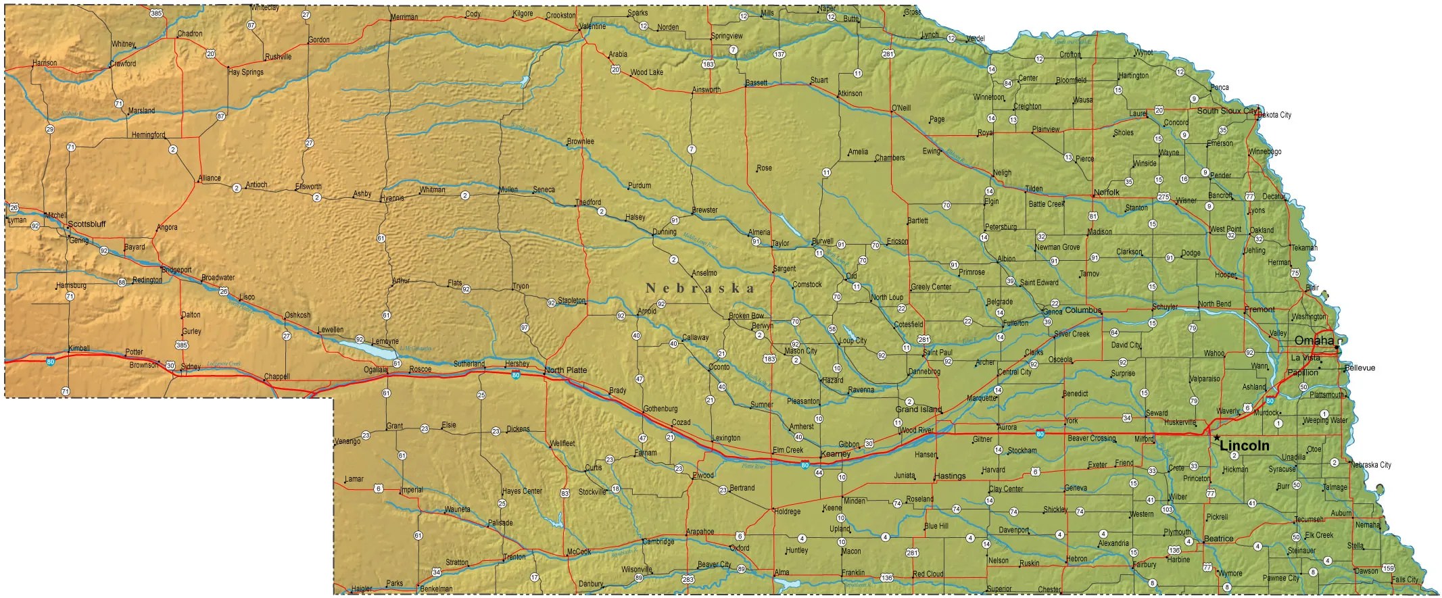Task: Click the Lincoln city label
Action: click(1244, 446)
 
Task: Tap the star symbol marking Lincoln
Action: click(1217, 438)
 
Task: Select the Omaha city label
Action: click(1314, 341)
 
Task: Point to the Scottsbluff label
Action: click(87, 224)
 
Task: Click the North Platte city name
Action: click(565, 370)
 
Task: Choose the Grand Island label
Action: click(918, 409)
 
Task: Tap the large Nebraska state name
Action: click(700, 289)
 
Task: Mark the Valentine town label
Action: click(593, 26)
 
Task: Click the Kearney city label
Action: click(835, 455)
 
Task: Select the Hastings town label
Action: click(950, 476)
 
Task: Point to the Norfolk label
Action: click(1107, 193)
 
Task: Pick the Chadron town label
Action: click(190, 34)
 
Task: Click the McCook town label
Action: click(579, 552)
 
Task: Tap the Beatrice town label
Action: click(1218, 539)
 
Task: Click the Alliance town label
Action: click(210, 178)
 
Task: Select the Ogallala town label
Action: click(376, 370)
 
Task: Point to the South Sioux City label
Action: click(1227, 111)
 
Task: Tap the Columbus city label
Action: click(1083, 311)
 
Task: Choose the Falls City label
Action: click(1405, 580)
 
